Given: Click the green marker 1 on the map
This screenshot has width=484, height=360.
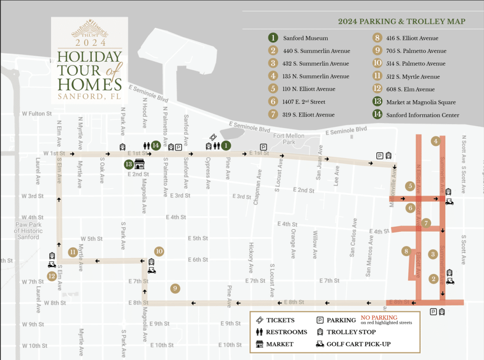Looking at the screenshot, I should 226,146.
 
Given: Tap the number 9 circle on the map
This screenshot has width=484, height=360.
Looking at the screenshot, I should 175,288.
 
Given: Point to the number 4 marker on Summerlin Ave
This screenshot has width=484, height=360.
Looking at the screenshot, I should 436,141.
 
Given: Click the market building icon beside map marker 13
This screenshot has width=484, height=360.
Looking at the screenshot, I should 139,164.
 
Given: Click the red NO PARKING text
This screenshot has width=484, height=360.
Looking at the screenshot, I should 379,317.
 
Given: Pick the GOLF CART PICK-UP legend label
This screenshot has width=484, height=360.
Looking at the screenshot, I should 358,344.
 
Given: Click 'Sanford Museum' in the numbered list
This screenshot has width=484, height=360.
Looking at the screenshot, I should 305,38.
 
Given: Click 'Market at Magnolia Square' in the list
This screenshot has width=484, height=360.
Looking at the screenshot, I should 421,102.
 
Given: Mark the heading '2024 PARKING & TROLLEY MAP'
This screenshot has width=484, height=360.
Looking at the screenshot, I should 401,22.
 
